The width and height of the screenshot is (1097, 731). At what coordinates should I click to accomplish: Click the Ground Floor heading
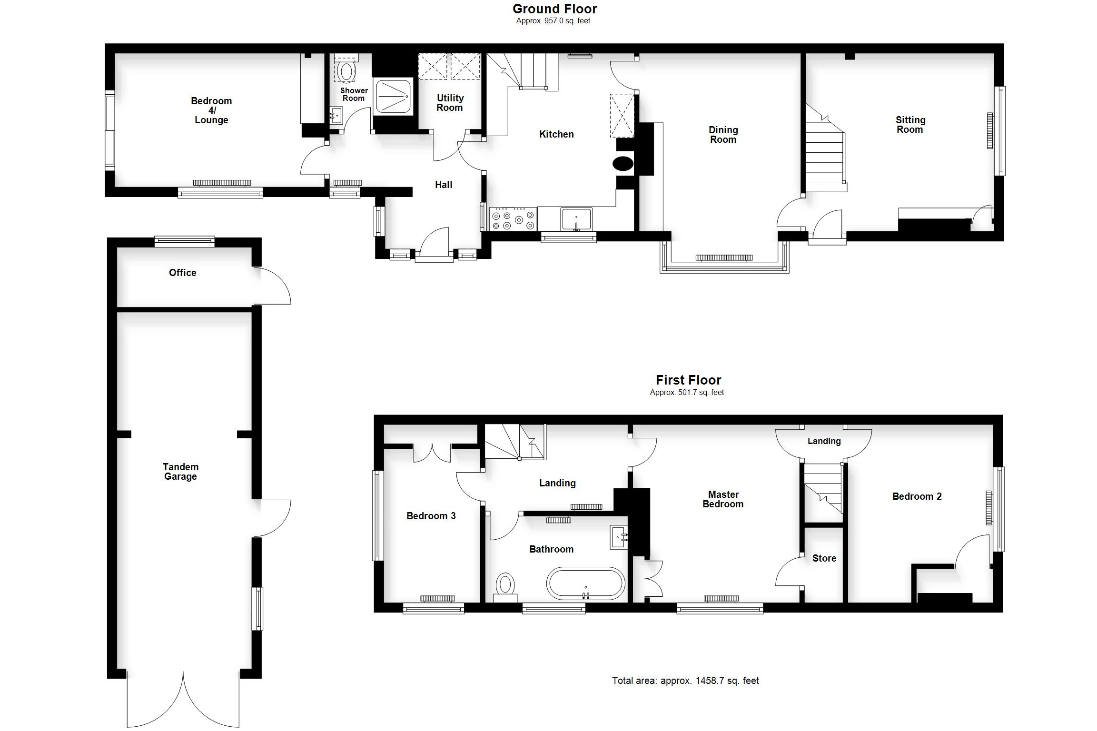[x=554, y=9]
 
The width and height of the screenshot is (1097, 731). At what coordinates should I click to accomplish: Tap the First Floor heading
[x=688, y=380]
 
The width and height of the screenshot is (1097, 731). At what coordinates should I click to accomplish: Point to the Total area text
[x=685, y=681]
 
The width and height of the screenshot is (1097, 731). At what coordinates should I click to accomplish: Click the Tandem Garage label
[x=180, y=472]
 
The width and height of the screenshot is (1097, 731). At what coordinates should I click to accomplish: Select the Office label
[x=182, y=273]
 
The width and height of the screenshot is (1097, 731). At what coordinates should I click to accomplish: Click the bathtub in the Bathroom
[x=585, y=583]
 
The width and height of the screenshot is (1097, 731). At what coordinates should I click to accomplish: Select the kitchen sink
[x=576, y=219]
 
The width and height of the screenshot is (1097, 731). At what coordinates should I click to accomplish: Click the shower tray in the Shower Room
[x=393, y=96]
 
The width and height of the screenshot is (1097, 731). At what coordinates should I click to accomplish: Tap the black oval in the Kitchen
[x=623, y=164]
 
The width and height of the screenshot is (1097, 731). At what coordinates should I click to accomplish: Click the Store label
[x=824, y=558]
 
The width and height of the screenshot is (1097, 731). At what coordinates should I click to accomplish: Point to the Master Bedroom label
[x=723, y=499]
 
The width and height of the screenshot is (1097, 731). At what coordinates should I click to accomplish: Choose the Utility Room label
[x=450, y=103]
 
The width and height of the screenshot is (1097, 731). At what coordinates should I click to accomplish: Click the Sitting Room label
[x=910, y=125]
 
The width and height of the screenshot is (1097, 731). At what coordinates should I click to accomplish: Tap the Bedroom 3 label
[x=431, y=516]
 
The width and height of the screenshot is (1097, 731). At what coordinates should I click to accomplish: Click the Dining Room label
[x=723, y=135]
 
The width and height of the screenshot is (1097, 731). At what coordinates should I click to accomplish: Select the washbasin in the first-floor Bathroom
[x=619, y=537]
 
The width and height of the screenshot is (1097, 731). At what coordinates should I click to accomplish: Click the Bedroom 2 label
[x=917, y=496]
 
